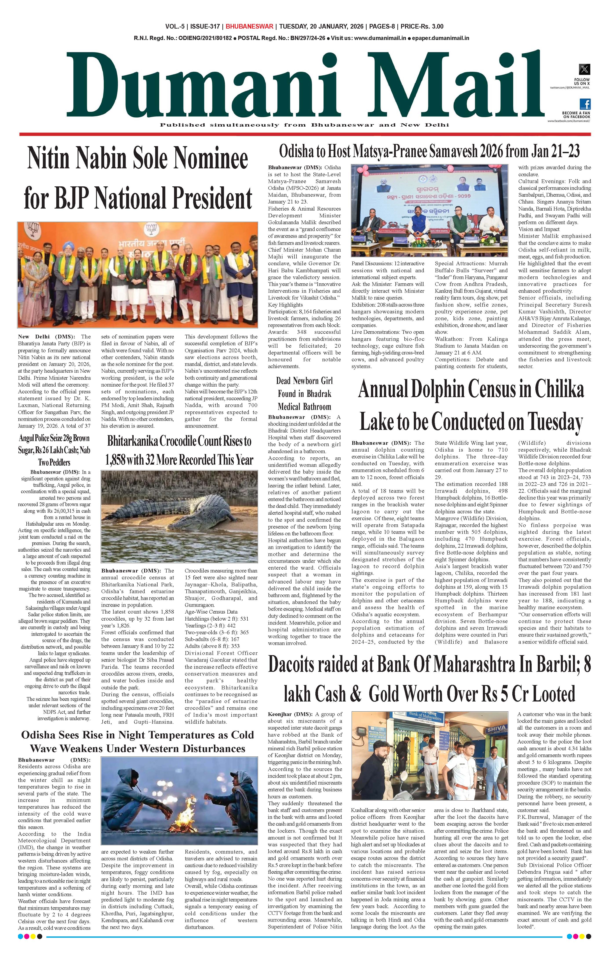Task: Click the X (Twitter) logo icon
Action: (584, 69)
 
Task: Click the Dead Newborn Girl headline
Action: (304, 393)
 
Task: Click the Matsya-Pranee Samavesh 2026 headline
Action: (429, 151)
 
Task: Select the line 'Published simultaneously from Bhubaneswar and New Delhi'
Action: (304, 125)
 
